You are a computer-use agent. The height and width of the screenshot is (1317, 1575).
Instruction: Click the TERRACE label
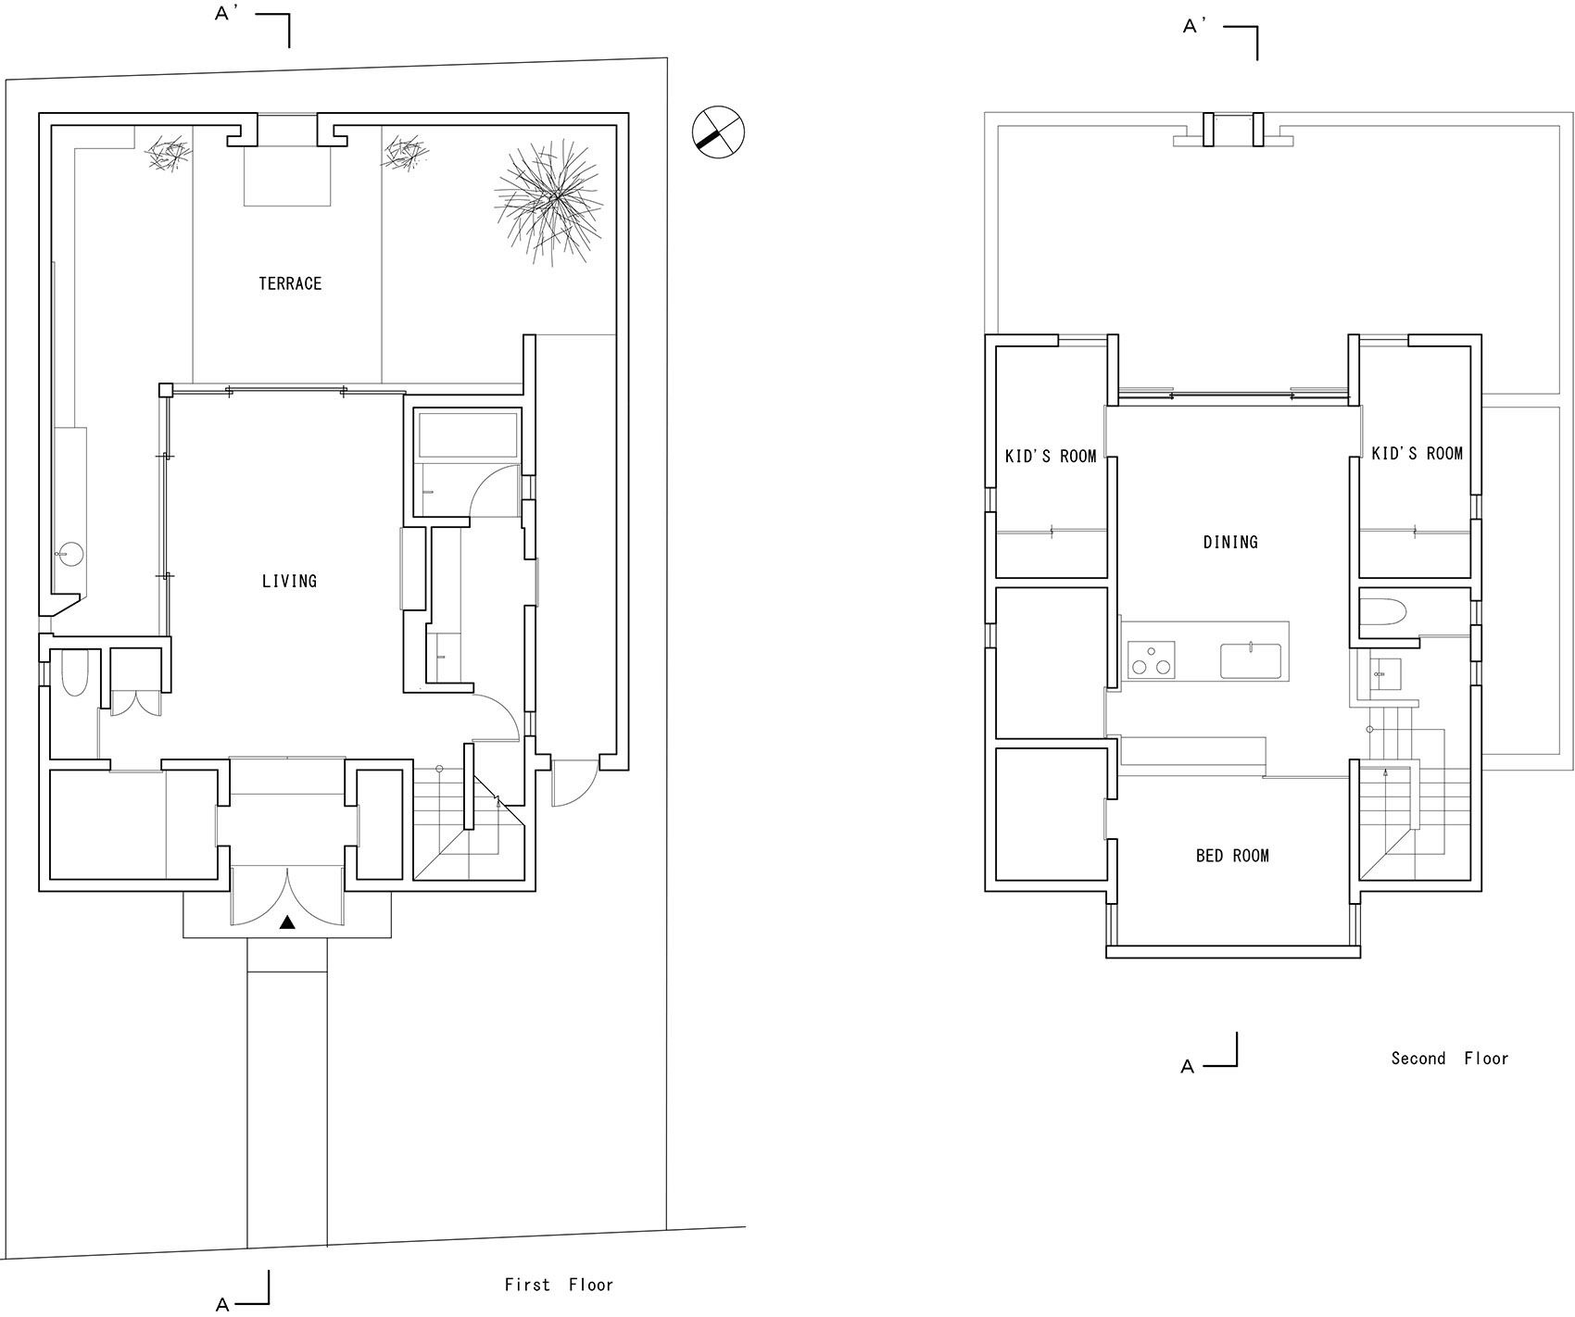click(x=290, y=283)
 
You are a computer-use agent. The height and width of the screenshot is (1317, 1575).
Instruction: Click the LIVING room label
click(x=289, y=582)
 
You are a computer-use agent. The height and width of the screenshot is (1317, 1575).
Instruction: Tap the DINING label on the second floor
click(x=1230, y=542)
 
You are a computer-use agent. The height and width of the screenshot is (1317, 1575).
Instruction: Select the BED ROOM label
click(x=1232, y=856)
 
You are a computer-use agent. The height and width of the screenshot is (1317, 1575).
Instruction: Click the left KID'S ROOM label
click(x=1051, y=456)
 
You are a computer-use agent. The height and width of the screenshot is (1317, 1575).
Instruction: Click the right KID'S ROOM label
click(x=1417, y=453)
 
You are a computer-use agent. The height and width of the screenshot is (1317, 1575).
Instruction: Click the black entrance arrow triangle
click(x=288, y=922)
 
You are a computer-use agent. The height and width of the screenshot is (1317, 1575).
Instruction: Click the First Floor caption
click(x=559, y=1285)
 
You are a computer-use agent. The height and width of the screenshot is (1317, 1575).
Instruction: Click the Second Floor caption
click(x=1449, y=1058)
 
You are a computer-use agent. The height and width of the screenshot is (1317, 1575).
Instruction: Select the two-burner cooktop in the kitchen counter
click(x=1151, y=659)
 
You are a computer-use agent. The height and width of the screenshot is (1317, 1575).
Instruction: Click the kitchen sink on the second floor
click(x=1251, y=660)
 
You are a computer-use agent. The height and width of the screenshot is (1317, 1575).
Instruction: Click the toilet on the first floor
click(x=73, y=674)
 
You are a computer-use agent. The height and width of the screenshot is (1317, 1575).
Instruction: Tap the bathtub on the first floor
click(x=468, y=435)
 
